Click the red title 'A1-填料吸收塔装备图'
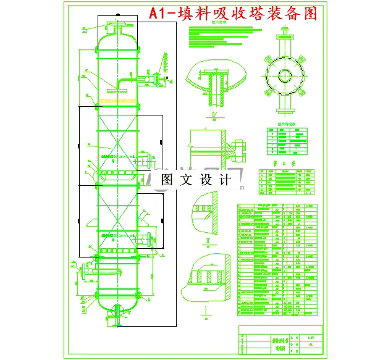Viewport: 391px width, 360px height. pos(233,14)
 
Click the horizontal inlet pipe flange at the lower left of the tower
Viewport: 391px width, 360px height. pos(81,272)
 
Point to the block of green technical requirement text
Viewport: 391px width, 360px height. pos(216,41)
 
